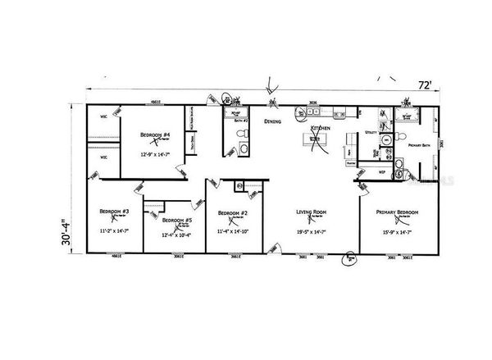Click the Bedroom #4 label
click(x=155, y=134)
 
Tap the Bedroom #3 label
click(x=115, y=212)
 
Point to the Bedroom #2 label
click(x=233, y=213)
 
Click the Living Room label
click(x=312, y=213)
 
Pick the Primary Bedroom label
click(x=397, y=212)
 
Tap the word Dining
click(x=273, y=121)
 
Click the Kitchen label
click(x=320, y=130)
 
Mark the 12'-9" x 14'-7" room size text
click(x=155, y=153)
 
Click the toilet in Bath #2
click(x=244, y=148)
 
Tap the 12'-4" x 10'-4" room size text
click(x=176, y=236)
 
